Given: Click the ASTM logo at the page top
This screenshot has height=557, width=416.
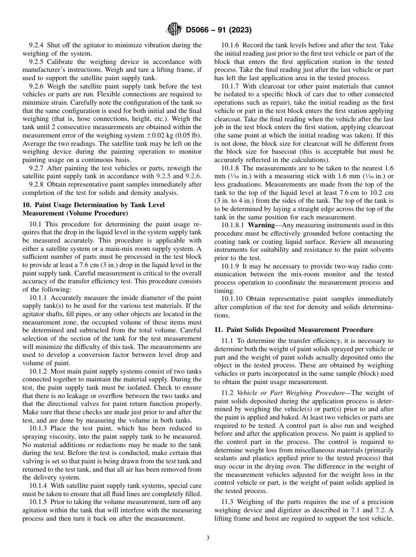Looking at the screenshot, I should [174, 30].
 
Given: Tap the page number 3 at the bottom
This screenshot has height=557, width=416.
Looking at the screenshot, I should [208, 538].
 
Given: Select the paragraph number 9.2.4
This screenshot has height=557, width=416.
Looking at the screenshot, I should [37, 45].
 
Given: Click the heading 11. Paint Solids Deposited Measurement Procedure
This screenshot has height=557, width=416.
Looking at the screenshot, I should [294, 330].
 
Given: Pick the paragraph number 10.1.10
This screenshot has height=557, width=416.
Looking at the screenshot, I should [233, 299].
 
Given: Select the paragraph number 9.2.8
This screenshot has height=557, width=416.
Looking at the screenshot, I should [37, 184].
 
